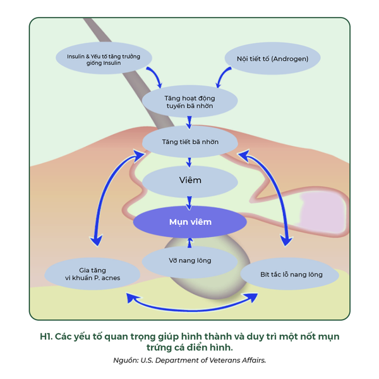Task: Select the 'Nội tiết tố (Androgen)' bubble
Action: pyautogui.click(x=273, y=59)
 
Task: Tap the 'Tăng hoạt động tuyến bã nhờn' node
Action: pyautogui.click(x=189, y=102)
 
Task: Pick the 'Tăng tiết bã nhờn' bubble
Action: pyautogui.click(x=189, y=141)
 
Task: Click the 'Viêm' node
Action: pyautogui.click(x=189, y=181)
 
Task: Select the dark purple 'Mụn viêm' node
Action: pyautogui.click(x=189, y=222)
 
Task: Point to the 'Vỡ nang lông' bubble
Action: pyautogui.click(x=189, y=260)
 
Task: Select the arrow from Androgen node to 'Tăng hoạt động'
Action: pyautogui.click(x=222, y=77)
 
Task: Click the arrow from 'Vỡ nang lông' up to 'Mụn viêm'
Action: pyautogui.click(x=189, y=241)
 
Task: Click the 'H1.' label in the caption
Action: pyautogui.click(x=46, y=337)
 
